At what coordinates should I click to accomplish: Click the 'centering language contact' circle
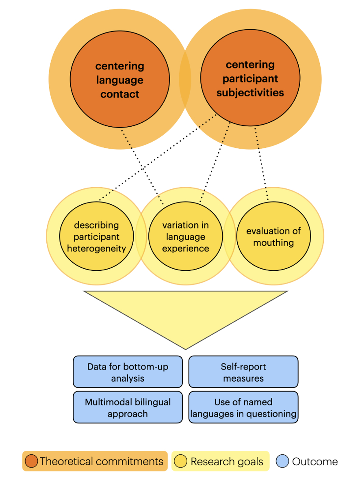[x=119, y=80]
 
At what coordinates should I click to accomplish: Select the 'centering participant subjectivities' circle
[x=250, y=78]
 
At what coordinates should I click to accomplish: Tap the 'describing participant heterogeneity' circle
[x=96, y=237]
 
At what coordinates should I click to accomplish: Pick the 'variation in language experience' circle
[x=186, y=237]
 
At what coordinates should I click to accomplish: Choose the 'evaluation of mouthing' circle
[x=273, y=237]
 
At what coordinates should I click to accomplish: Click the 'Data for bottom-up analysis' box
[x=128, y=372]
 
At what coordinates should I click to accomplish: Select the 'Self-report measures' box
[x=243, y=372]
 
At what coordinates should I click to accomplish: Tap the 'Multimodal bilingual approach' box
[x=128, y=407]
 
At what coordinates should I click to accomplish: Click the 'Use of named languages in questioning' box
[x=243, y=407]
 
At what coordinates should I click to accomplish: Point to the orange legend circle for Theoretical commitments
[x=31, y=461]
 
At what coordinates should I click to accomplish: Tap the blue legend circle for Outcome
[x=282, y=461]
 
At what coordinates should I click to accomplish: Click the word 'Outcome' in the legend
[x=315, y=462]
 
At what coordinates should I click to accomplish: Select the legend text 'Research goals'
[x=227, y=462]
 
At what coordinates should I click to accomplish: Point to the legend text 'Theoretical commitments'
[x=102, y=461]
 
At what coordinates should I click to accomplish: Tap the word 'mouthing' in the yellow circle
[x=273, y=243]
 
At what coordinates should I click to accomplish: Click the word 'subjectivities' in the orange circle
[x=250, y=93]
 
